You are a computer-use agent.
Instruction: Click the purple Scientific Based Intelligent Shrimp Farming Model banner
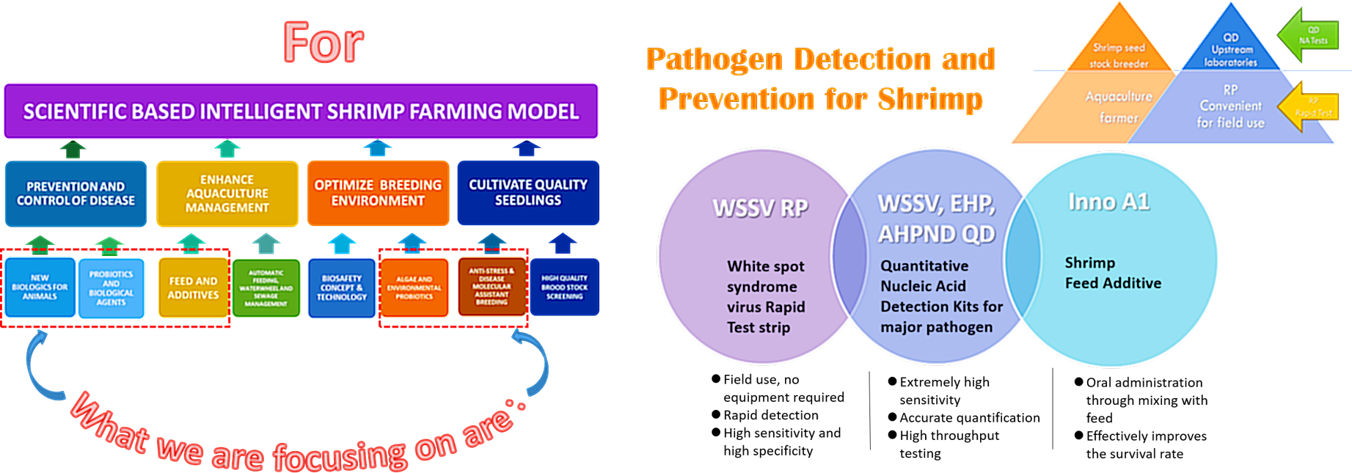click(x=301, y=111)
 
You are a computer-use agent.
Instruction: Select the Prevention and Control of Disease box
click(x=76, y=194)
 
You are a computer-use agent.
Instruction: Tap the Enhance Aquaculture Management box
click(x=227, y=194)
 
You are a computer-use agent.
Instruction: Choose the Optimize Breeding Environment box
click(x=378, y=193)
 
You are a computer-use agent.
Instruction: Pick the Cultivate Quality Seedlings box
click(x=528, y=193)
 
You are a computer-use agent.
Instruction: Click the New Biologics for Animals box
click(x=40, y=287)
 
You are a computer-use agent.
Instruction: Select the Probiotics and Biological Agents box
click(x=111, y=287)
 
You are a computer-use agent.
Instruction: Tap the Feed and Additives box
click(x=193, y=287)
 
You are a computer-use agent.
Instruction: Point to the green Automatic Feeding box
click(x=266, y=287)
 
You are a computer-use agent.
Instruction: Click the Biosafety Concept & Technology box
click(x=342, y=287)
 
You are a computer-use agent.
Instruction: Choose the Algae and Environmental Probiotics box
click(x=414, y=287)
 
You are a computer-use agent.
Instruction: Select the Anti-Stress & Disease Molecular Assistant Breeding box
click(x=492, y=286)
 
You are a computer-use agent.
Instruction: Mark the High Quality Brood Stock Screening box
click(x=564, y=287)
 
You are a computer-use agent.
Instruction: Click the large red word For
click(x=323, y=43)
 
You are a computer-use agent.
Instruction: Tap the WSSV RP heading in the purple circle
click(x=760, y=208)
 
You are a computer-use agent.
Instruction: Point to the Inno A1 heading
click(x=1108, y=202)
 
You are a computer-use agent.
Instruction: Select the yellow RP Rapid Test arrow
click(x=1309, y=107)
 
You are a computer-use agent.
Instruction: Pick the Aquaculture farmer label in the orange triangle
click(x=1119, y=107)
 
